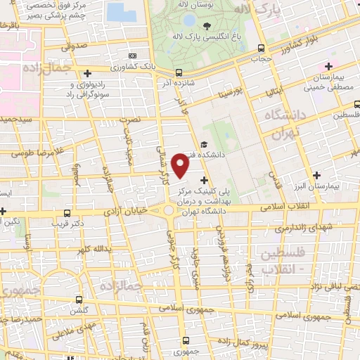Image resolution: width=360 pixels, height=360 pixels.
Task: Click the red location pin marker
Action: click(181, 166)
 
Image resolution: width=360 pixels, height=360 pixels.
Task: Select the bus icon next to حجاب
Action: click(262, 49)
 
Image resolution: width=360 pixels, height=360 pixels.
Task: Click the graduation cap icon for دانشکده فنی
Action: click(204, 145)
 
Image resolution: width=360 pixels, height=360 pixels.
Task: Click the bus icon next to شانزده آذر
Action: click(179, 72)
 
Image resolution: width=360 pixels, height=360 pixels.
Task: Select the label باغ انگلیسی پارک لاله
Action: click(211, 30)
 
